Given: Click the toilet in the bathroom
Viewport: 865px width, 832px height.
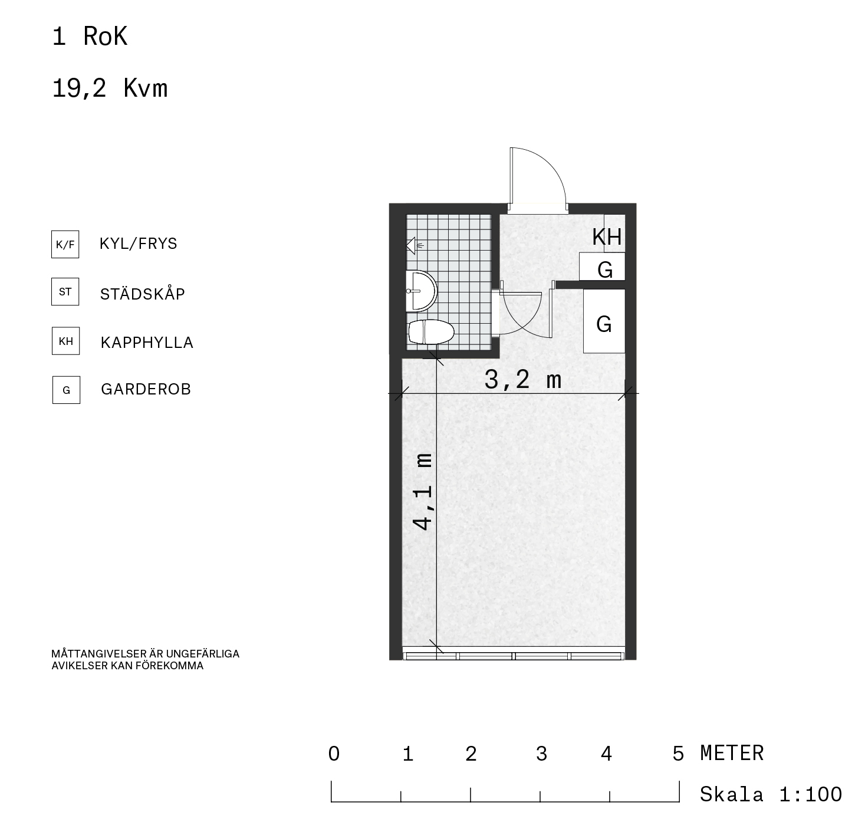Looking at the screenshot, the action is (x=430, y=331).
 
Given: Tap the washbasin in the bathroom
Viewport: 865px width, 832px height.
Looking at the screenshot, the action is (x=422, y=291).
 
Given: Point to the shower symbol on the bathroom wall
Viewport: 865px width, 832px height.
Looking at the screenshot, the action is (x=413, y=245).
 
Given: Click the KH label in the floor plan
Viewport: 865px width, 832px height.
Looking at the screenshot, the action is (x=607, y=237).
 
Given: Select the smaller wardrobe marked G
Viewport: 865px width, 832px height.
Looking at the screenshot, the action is (x=602, y=267).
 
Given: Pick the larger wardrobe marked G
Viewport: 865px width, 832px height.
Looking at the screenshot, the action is (x=604, y=321).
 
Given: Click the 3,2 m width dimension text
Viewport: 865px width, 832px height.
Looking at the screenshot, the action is (x=523, y=380).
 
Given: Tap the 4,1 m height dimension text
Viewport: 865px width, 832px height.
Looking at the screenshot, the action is (x=422, y=492).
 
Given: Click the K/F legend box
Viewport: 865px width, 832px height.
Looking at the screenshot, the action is (x=65, y=244).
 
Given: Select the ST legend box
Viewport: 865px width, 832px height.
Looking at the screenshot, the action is (x=65, y=291).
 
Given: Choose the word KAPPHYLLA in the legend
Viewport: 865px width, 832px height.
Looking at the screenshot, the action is (x=147, y=343).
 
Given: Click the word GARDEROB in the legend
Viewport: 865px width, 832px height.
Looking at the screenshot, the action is (x=146, y=389).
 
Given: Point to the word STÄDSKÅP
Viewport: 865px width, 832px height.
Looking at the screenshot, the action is (x=142, y=293).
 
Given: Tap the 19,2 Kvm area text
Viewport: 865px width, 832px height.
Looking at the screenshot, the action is (x=110, y=88).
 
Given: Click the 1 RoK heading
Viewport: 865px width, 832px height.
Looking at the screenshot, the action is (x=90, y=37).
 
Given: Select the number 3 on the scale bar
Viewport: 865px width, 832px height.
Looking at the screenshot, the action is (x=541, y=754).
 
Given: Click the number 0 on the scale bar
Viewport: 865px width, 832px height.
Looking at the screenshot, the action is (x=334, y=754).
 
